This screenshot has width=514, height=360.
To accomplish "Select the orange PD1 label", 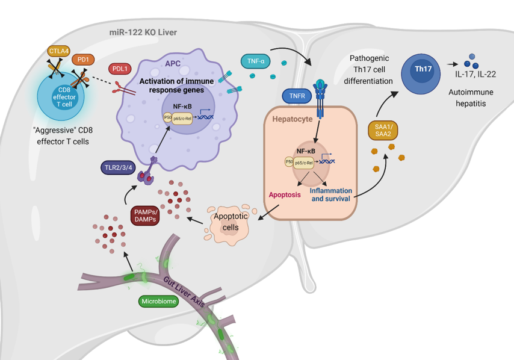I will tap(82, 60).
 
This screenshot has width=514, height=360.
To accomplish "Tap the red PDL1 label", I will tap(120, 69).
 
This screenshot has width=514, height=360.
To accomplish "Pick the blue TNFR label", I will tap(296, 95).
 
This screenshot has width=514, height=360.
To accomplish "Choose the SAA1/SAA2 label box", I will tap(383, 129).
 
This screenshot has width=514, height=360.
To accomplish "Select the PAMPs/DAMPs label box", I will tap(145, 215).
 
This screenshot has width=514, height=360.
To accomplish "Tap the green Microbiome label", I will tap(158, 300).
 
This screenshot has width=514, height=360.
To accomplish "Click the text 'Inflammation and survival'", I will tap(330, 194).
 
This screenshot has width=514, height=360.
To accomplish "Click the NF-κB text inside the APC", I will tap(182, 106).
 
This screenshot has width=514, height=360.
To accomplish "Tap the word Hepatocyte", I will tap(293, 119).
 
